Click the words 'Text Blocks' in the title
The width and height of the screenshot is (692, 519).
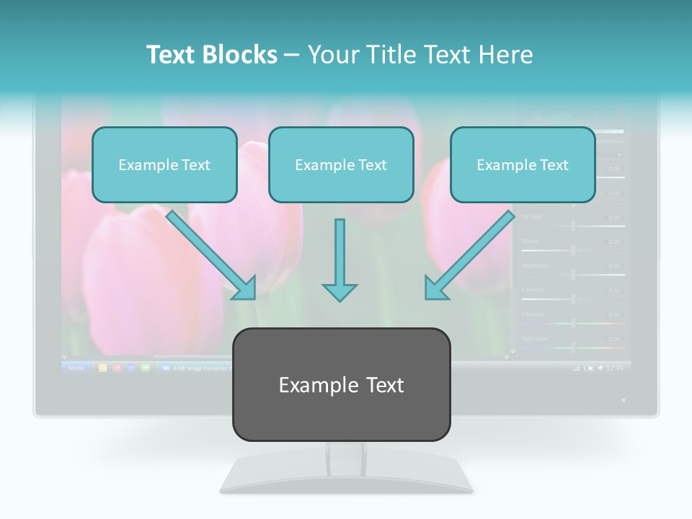coord(211,55)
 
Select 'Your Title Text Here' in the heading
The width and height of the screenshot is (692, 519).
coord(420,55)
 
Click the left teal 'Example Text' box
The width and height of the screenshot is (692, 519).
coord(164,164)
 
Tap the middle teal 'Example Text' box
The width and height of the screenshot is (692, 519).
coord(341,164)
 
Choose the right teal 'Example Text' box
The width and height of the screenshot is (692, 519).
coord(523,164)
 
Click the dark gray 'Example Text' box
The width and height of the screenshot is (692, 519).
coord(341,384)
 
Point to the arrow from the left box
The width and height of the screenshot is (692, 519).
coord(210,254)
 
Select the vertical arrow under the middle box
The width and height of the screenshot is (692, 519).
coord(340,259)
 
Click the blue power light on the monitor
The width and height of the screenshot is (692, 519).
coord(624,399)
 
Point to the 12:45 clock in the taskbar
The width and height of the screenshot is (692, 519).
coord(614,368)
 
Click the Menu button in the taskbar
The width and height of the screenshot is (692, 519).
coord(76,368)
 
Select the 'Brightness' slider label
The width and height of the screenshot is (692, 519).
coord(535,265)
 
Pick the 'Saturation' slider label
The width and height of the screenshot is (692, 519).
coord(535,338)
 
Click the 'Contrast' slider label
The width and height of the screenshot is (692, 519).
coord(533,290)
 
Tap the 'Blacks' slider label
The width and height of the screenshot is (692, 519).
coord(529,241)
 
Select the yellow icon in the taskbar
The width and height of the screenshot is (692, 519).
coord(102,368)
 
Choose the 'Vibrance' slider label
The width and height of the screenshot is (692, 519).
coord(533,314)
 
